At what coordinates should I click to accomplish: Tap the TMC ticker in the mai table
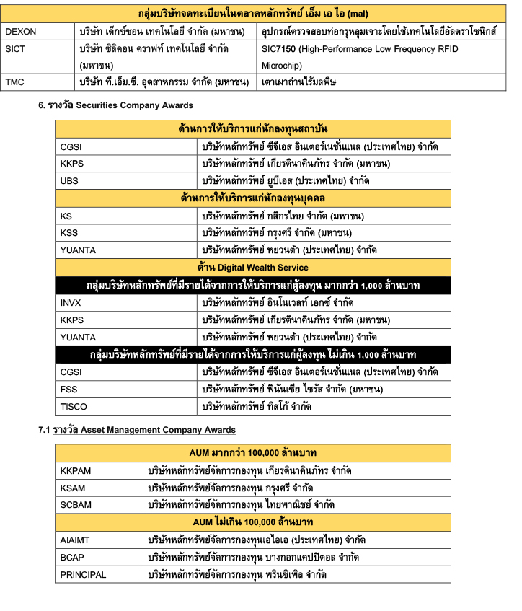point(14,82)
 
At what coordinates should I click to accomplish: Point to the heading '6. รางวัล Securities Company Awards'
point(115,105)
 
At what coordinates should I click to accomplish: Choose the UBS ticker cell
point(69,180)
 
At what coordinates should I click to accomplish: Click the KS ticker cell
point(66,216)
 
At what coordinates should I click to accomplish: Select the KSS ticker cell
point(69,233)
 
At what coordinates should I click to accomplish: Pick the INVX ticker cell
point(71,302)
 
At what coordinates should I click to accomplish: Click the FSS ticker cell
point(69,390)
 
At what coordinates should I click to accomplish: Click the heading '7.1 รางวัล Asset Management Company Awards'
point(137,430)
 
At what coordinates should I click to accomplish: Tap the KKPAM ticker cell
point(76,470)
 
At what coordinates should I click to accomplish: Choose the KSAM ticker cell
point(74,488)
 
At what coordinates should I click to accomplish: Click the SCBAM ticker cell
point(76,505)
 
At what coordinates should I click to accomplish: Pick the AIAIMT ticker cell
point(76,540)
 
